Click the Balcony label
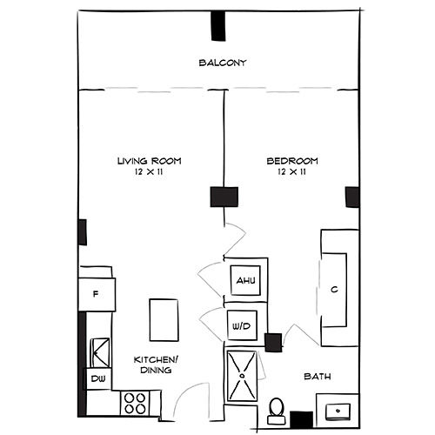point(224,64)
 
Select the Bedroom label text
point(291,161)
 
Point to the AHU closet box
point(244,282)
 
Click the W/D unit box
point(241,327)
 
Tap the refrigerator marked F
point(97,294)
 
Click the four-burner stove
point(135,402)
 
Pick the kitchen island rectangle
point(163,319)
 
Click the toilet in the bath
point(276,409)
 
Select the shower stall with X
point(243,374)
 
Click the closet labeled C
point(334,290)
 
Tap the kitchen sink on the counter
point(100,351)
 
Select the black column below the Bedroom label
point(224,197)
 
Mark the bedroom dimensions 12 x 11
point(291,172)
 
